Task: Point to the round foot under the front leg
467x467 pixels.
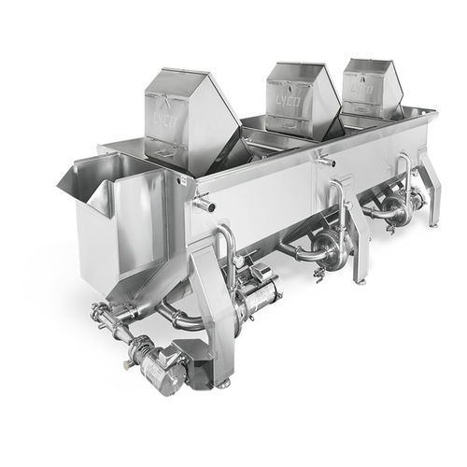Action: [x=222, y=382]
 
